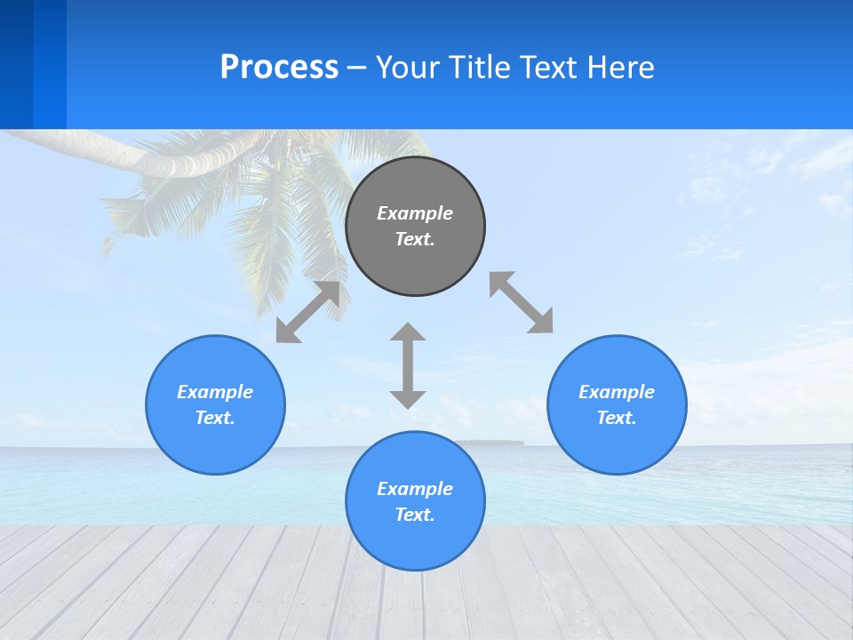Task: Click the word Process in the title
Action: (x=279, y=68)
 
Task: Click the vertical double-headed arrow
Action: (x=408, y=365)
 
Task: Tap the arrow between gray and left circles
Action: (x=307, y=312)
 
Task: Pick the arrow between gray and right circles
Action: (x=522, y=302)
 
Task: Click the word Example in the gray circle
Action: (x=415, y=213)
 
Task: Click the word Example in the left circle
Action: (x=215, y=392)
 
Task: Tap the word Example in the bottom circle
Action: (x=415, y=489)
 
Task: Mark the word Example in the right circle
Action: (x=617, y=392)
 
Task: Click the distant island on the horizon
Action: (x=490, y=442)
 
